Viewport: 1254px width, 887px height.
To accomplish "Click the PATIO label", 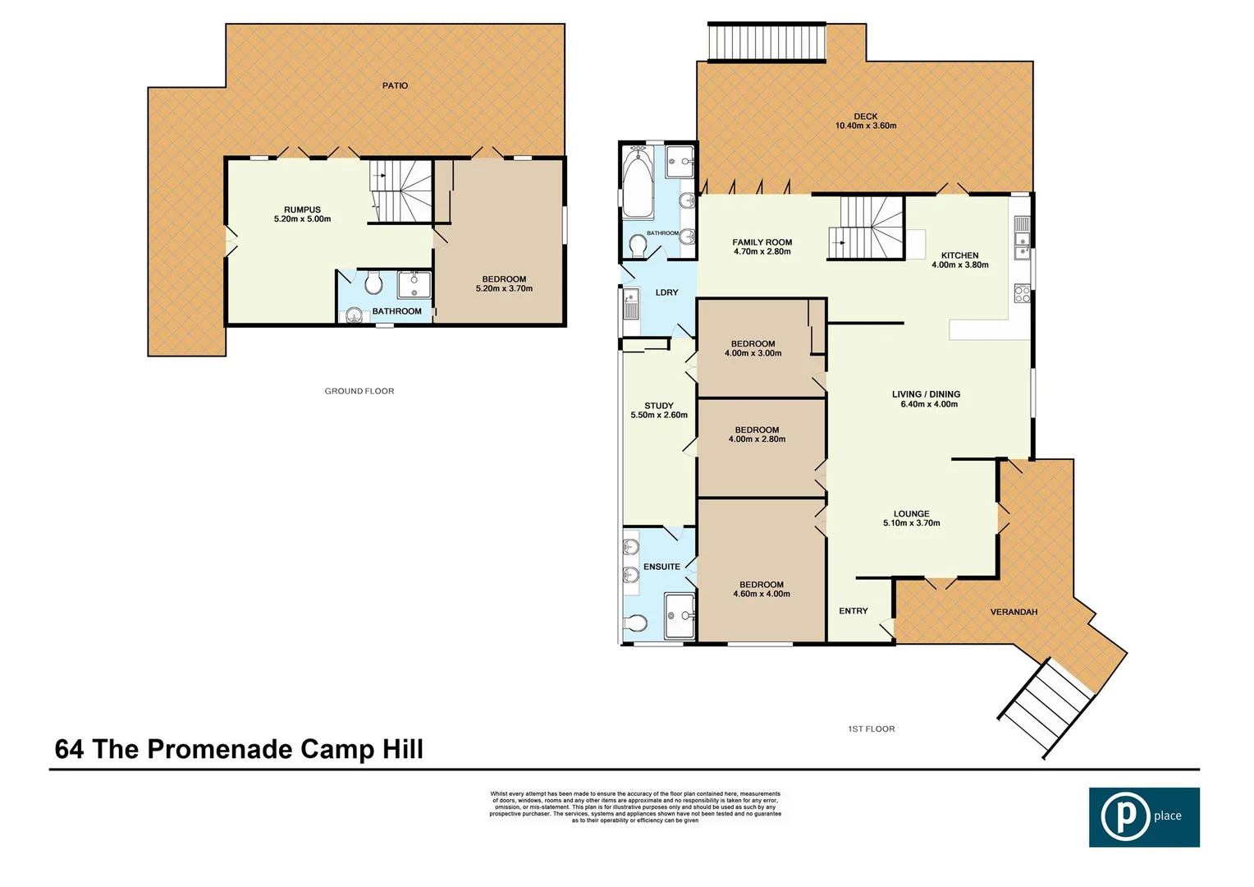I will point(395,85).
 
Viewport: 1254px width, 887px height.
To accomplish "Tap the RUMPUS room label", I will point(302,210).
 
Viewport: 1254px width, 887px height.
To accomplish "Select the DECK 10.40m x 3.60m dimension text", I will point(865,126).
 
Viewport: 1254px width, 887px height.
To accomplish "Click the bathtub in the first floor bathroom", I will point(637,182).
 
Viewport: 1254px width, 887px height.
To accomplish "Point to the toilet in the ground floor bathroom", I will point(374,284).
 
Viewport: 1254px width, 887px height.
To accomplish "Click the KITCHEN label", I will point(959,255).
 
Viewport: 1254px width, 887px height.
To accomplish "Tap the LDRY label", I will point(666,292).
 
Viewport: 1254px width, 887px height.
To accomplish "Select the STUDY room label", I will point(658,406).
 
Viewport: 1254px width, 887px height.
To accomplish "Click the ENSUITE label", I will point(661,567).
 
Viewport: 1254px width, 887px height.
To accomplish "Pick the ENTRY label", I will point(854,611).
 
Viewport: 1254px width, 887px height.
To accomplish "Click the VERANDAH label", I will point(1014,612).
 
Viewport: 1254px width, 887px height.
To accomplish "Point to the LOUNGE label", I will point(911,514).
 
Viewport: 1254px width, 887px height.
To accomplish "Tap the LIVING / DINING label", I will point(926,394).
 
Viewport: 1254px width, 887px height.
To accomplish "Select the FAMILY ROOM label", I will point(762,242).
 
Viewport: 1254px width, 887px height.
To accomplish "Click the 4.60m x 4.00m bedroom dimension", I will point(762,594).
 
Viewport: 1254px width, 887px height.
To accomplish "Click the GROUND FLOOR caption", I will point(359,391).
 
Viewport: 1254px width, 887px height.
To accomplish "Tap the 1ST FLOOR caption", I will point(871,728).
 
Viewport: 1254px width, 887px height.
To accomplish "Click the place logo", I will point(1144,816).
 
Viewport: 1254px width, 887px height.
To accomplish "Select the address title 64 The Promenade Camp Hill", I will point(239,749).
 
